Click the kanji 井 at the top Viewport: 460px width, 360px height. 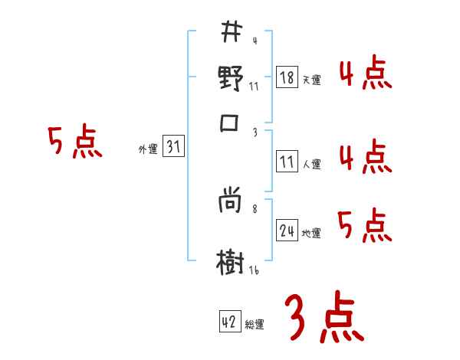tap(230, 33)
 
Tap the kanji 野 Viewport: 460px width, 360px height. tap(230, 79)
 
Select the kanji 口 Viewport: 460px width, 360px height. tap(230, 123)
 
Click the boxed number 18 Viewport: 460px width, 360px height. tap(286, 78)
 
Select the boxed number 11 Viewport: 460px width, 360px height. tap(286, 162)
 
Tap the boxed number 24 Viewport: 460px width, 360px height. tap(287, 231)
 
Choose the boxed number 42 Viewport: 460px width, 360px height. tap(228, 322)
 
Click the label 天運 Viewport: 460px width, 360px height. tap(311, 80)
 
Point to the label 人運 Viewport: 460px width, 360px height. tap(311, 163)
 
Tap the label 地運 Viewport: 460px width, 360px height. tap(311, 232)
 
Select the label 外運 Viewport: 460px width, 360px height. tap(147, 149)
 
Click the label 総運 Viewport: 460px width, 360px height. tap(255, 324)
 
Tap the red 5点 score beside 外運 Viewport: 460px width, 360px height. tap(74, 142)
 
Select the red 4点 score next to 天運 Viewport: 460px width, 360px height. tap(364, 76)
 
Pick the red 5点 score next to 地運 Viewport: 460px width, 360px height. tap(364, 226)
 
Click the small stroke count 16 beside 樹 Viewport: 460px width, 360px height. tap(254, 270)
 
